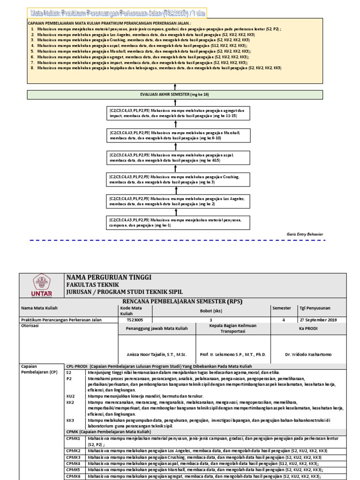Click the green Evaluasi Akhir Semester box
point(175,94)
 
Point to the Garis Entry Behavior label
point(305,234)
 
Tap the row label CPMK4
point(73,463)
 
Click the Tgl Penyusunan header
point(315,308)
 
